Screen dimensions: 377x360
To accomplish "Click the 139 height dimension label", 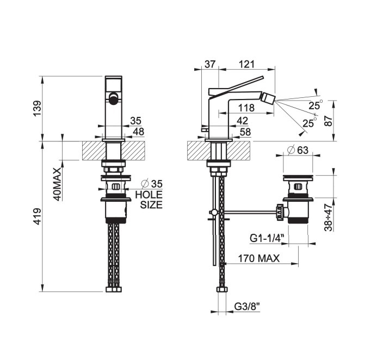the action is point(38,109).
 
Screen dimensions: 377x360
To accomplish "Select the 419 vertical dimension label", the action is point(38,216).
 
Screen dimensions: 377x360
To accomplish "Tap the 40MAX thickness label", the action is point(57,184).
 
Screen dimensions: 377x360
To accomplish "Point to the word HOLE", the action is point(149,195).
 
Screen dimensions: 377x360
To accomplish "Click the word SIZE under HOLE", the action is point(151,205).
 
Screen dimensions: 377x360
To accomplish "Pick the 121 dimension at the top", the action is point(246,64).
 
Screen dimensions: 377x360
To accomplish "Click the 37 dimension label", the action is point(210,64).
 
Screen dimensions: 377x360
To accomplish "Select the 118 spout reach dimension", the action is point(246,108).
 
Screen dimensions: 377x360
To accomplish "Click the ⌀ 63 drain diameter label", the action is point(298,150).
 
